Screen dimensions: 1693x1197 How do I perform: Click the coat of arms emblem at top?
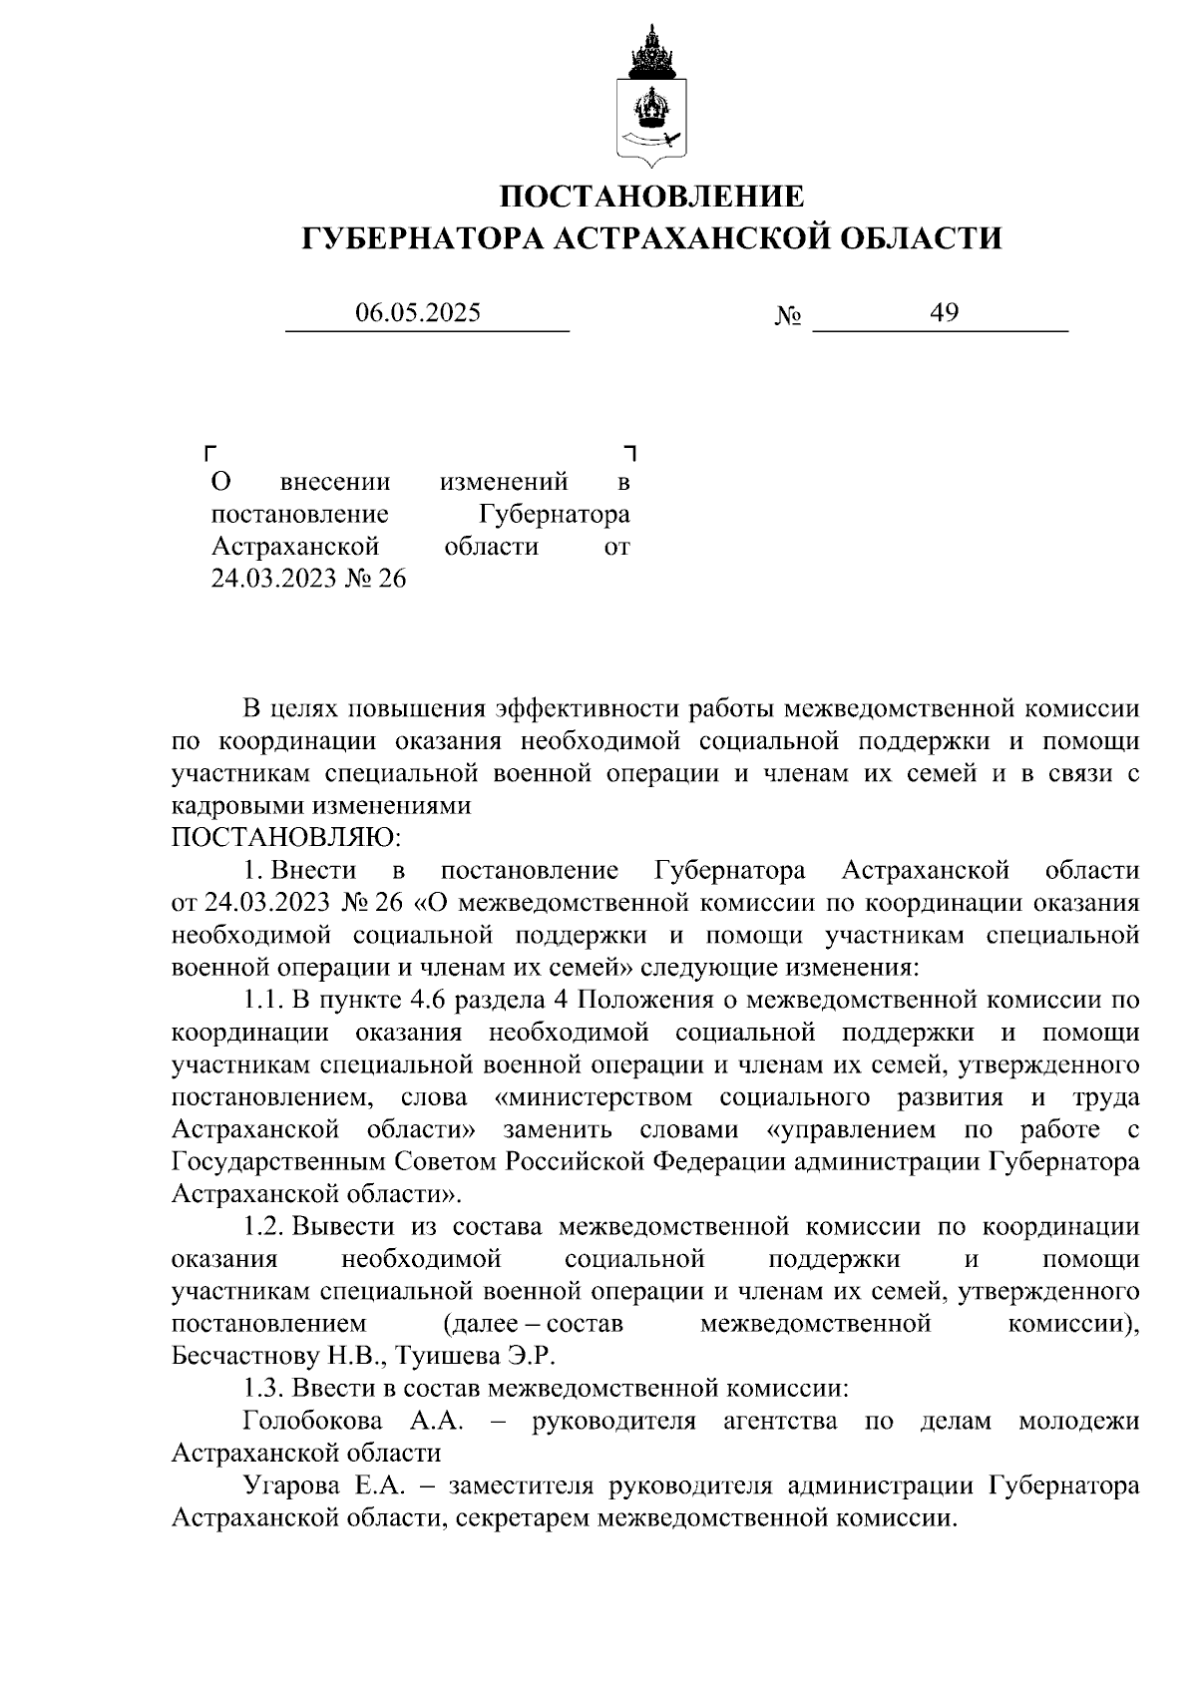pyautogui.click(x=652, y=96)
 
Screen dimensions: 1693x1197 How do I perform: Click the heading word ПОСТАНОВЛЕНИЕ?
pyautogui.click(x=651, y=196)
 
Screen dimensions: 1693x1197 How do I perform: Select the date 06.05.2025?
pyautogui.click(x=418, y=313)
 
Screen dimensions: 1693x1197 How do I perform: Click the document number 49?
pyautogui.click(x=944, y=313)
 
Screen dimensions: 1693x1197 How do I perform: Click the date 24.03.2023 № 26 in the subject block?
pyautogui.click(x=308, y=579)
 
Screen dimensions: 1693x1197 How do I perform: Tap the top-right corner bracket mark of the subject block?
pyautogui.click(x=629, y=454)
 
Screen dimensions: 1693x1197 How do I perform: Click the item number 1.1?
pyautogui.click(x=264, y=1000)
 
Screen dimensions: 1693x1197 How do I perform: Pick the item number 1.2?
pyautogui.click(x=264, y=1226)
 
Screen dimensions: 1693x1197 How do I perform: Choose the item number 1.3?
pyautogui.click(x=264, y=1388)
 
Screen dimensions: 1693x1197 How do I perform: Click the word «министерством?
pyautogui.click(x=594, y=1097)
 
